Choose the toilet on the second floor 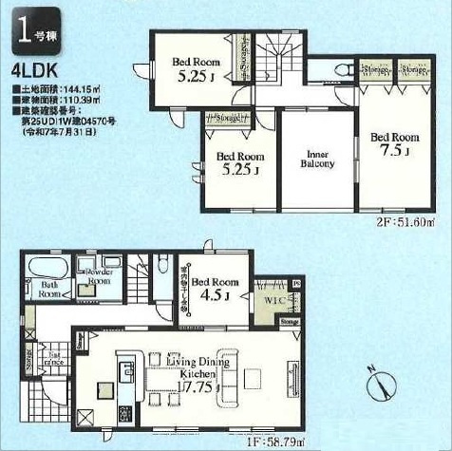(339, 68)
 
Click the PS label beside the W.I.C (295, 284)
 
